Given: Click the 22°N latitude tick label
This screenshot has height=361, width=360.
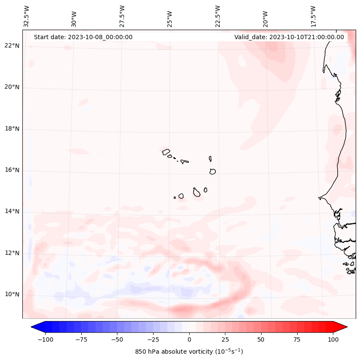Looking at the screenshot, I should pyautogui.click(x=12, y=46).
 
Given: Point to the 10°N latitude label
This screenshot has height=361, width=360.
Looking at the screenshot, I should pyautogui.click(x=12, y=294).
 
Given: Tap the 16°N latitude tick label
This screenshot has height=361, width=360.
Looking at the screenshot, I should pyautogui.click(x=12, y=170).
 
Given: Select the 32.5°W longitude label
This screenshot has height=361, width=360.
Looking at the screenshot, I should pyautogui.click(x=27, y=16).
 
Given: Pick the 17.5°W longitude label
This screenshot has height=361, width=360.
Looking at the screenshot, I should pyautogui.click(x=313, y=16).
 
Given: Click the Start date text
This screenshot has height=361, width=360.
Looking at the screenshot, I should pyautogui.click(x=83, y=37).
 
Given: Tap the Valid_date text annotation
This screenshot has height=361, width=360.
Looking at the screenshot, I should pyautogui.click(x=289, y=37).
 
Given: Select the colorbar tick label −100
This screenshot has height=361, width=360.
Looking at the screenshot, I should pyautogui.click(x=45, y=339).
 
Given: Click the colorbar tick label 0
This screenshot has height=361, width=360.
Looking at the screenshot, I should pyautogui.click(x=189, y=339).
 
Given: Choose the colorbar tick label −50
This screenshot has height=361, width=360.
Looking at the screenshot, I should pyautogui.click(x=117, y=339).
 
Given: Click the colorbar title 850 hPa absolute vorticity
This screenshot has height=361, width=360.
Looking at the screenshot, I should pyautogui.click(x=189, y=352).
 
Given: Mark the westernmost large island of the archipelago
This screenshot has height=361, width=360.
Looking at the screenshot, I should pyautogui.click(x=166, y=151).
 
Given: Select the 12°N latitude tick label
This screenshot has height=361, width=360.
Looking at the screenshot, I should pyautogui.click(x=12, y=253).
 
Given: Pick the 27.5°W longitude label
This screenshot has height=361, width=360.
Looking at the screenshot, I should pyautogui.click(x=122, y=16).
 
